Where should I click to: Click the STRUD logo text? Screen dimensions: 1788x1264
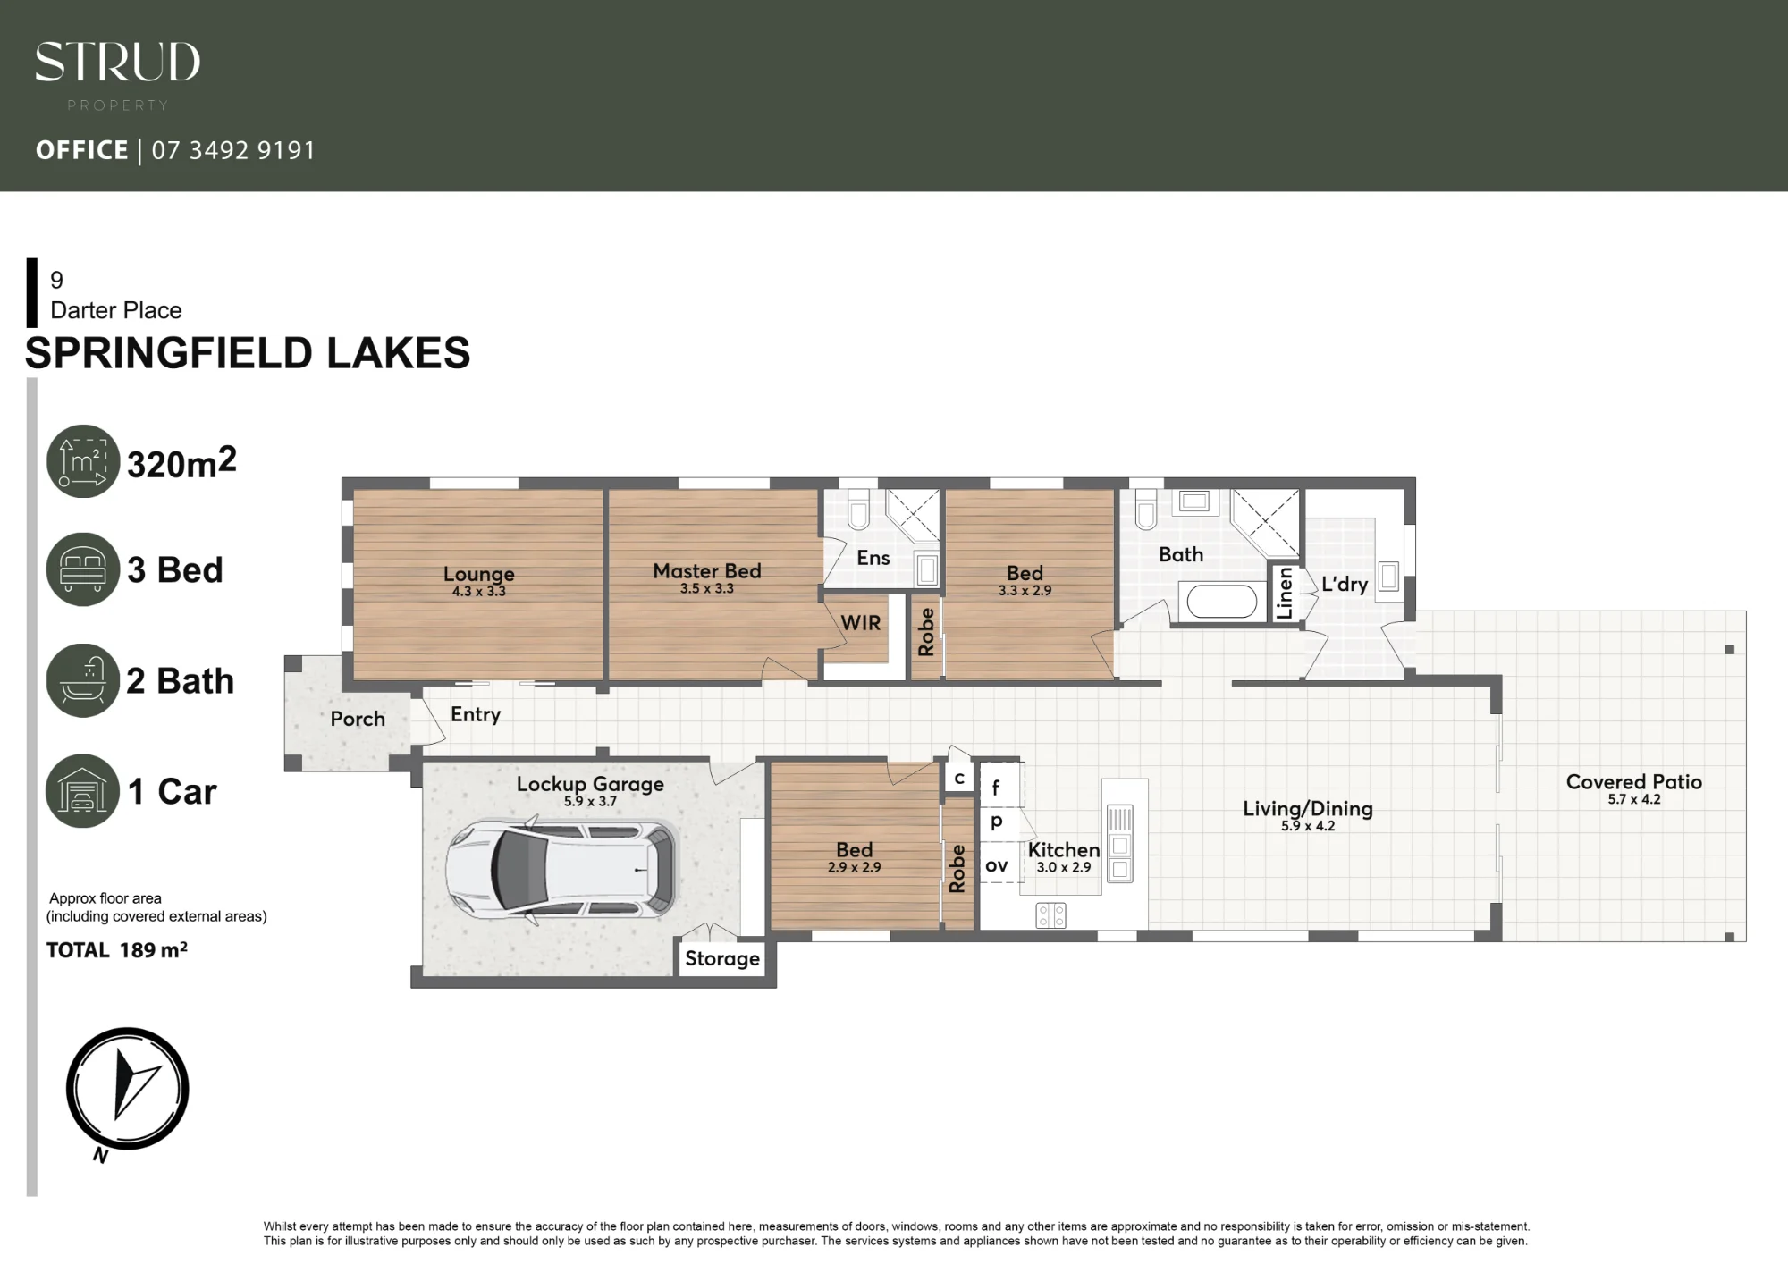(x=117, y=62)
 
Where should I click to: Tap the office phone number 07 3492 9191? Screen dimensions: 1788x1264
(x=233, y=150)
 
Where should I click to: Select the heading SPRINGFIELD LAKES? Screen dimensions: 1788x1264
(x=248, y=353)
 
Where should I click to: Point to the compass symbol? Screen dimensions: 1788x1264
(x=127, y=1091)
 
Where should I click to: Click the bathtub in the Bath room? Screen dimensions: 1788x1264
(x=1222, y=602)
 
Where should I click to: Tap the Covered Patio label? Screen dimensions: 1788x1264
(x=1633, y=781)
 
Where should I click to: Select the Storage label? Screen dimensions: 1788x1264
(x=722, y=959)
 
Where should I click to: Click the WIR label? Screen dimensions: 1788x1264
(x=860, y=623)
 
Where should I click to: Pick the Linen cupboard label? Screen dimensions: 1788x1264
(x=1285, y=593)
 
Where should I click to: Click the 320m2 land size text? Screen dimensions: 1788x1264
(x=181, y=462)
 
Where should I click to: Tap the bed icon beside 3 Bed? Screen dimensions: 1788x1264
(x=83, y=569)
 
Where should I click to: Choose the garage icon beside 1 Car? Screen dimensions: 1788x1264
(x=82, y=791)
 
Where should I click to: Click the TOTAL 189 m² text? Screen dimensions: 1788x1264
(x=117, y=949)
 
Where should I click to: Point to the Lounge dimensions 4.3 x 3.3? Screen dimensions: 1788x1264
(x=478, y=591)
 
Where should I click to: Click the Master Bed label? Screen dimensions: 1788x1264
(x=706, y=570)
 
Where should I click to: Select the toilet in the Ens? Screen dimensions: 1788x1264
(x=858, y=510)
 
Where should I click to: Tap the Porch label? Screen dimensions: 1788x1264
(x=358, y=719)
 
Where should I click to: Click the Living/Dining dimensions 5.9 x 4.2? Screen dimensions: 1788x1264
(x=1308, y=826)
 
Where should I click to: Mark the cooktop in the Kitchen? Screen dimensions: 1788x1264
(x=1050, y=915)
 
